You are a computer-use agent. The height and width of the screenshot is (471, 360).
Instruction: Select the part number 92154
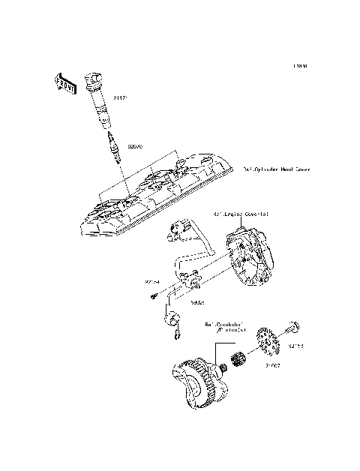[x=152, y=283]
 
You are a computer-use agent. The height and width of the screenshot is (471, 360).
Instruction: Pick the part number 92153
[x=296, y=346]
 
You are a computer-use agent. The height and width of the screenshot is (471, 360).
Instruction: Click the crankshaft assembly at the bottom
[x=198, y=380]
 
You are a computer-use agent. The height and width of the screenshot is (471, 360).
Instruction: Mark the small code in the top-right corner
[x=301, y=66]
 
